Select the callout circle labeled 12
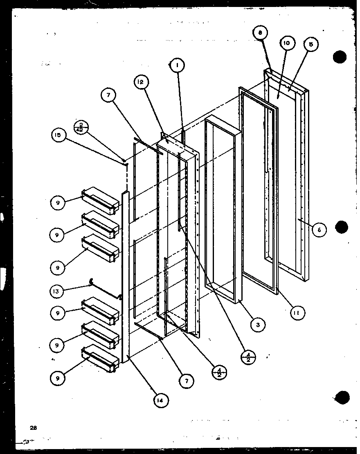(139, 82)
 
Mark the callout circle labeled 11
(297, 314)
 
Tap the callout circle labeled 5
(310, 45)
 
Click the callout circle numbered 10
(286, 43)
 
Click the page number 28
(33, 428)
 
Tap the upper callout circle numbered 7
(109, 95)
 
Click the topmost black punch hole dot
(340, 57)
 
